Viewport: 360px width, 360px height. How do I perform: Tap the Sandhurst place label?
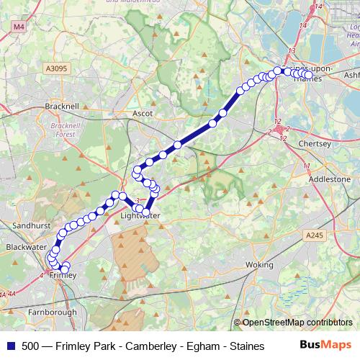coord(32,225)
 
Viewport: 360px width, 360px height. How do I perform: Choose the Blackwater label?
coord(22,246)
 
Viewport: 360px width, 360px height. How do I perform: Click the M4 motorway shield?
coord(18,27)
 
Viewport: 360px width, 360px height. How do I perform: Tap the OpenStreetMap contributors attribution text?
coord(297,322)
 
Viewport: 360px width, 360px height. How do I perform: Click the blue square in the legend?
coord(11,346)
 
